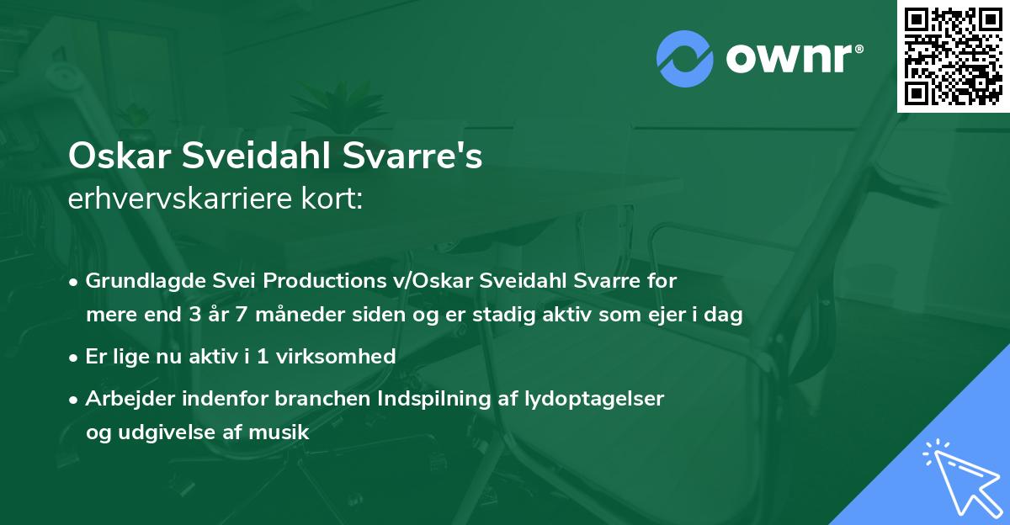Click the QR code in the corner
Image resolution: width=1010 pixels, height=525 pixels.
point(954,56)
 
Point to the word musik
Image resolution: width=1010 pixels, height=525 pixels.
point(284,433)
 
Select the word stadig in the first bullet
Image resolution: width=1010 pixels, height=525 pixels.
point(501,316)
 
